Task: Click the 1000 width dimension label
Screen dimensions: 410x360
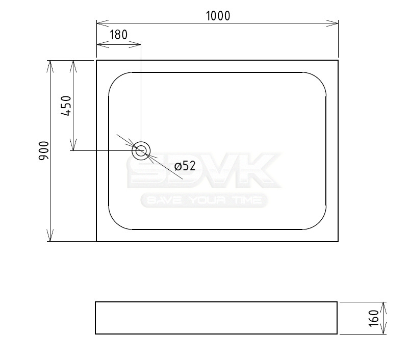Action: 218,16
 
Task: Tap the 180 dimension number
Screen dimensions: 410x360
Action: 118,35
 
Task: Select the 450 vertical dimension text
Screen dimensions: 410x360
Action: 66,106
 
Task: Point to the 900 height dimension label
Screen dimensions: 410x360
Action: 44,151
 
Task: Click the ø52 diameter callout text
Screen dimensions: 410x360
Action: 185,166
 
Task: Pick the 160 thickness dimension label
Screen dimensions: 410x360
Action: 374,318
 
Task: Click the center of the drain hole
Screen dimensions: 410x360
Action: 141,151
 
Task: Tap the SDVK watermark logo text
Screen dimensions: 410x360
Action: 204,170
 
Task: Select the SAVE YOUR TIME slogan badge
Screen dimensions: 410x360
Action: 204,200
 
